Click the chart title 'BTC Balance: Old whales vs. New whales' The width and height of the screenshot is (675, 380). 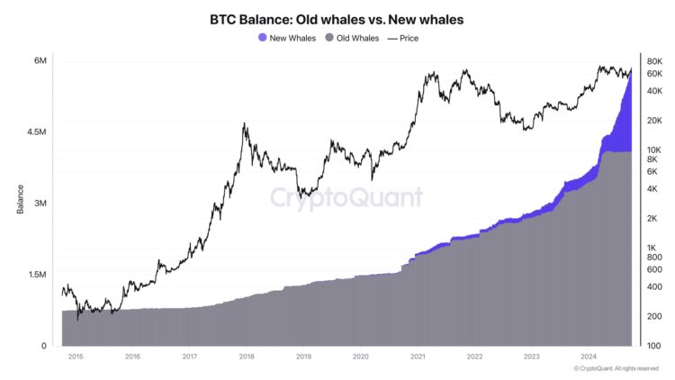[337, 18]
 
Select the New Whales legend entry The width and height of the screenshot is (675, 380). [286, 38]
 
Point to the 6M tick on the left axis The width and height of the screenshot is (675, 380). [40, 60]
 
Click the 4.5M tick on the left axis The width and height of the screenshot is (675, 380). [37, 131]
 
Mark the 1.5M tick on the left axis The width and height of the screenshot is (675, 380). [37, 275]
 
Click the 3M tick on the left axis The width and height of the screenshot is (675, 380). [40, 204]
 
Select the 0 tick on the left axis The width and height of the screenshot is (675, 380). [44, 346]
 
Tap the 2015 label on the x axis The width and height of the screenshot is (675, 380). [76, 357]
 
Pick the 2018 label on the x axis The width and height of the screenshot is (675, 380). [247, 357]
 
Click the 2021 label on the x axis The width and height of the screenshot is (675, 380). [418, 357]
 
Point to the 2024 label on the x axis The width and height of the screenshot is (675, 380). [588, 357]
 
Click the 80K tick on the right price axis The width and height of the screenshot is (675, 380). [654, 61]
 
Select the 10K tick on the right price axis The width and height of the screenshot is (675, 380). [654, 149]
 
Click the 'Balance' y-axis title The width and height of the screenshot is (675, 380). [19, 203]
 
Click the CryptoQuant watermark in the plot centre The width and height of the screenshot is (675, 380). [346, 198]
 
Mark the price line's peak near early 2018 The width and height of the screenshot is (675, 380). [245, 123]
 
